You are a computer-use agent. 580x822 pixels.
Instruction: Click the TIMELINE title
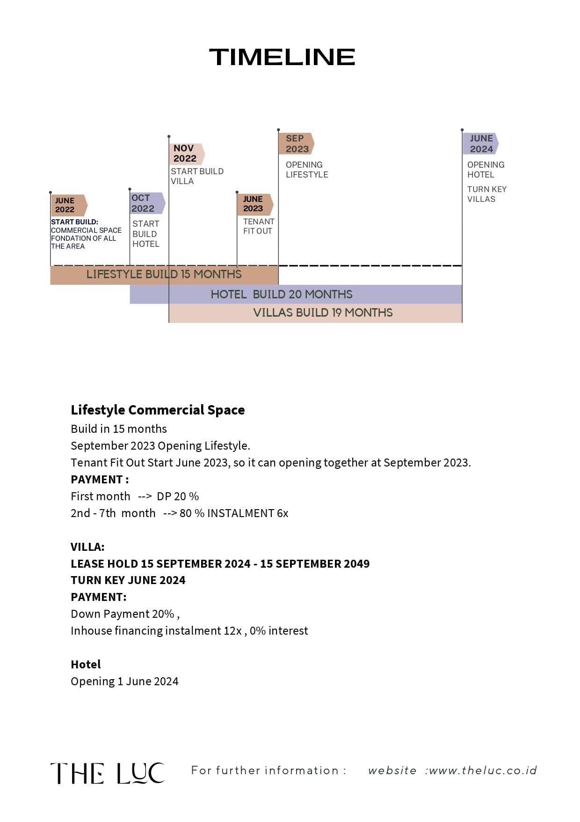[282, 57]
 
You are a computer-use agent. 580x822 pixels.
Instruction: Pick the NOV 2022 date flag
[186, 154]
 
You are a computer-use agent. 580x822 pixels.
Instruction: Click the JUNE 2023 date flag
[254, 204]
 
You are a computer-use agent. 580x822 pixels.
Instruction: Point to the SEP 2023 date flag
[296, 144]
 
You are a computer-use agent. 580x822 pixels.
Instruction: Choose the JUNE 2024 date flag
[480, 144]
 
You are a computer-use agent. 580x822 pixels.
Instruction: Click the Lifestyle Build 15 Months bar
[164, 274]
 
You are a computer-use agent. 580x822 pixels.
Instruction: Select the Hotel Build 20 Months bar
[282, 294]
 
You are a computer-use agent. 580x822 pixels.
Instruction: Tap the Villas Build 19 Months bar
[323, 313]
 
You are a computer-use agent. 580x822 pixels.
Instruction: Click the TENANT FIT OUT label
[258, 226]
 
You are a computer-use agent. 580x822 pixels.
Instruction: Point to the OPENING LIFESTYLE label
[307, 170]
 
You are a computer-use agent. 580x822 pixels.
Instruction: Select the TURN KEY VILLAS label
[486, 194]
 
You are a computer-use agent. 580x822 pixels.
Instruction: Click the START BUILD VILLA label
[196, 176]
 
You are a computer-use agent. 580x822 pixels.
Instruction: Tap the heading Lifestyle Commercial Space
[158, 410]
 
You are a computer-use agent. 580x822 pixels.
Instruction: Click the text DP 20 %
[178, 496]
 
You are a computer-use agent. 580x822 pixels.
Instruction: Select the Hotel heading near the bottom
[86, 664]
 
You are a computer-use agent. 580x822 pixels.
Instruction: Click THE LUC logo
[108, 773]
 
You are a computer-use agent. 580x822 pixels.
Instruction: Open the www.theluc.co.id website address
[483, 770]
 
